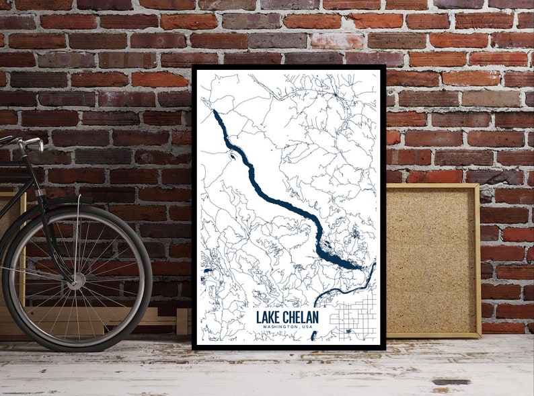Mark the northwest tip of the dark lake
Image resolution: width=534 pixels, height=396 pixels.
(x=215, y=112)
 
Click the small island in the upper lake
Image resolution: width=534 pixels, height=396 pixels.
(x=232, y=157)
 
